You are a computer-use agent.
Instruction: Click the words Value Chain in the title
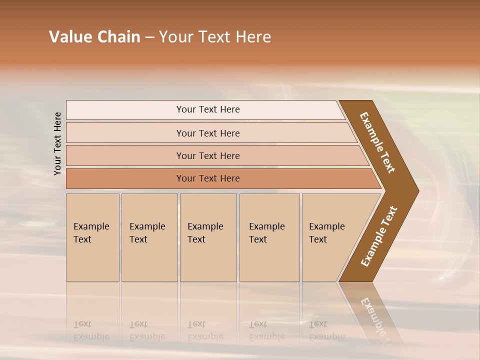coord(94,37)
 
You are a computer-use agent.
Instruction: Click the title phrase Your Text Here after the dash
coord(215,37)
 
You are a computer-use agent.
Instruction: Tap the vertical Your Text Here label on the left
coord(57,143)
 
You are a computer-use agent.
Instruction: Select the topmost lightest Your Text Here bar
coord(207,109)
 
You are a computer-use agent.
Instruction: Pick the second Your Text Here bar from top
coord(207,133)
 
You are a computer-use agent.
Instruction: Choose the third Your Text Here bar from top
coord(207,155)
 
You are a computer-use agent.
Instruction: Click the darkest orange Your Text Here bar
coord(207,178)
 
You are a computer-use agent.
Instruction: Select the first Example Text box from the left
coord(92,237)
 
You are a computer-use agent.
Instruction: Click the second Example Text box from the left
coord(149,237)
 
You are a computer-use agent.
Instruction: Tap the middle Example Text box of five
coord(208,237)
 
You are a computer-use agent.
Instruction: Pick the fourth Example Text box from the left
coord(269,237)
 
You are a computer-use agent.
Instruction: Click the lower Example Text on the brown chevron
coord(379,236)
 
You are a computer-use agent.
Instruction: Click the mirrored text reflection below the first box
coord(91,330)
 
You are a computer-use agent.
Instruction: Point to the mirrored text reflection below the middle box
coord(205,330)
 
